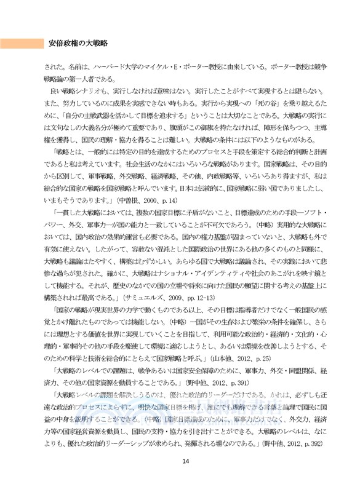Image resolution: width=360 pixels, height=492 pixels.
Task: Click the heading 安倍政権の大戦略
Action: pos(78,43)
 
